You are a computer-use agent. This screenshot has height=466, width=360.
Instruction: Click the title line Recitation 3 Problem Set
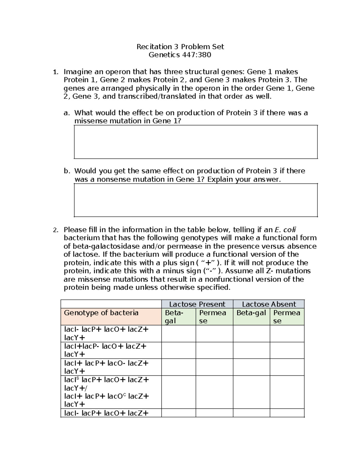click(x=180, y=47)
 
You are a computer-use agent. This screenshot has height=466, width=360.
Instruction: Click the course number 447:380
click(x=196, y=55)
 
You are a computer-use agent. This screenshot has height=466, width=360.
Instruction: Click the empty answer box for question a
click(x=196, y=142)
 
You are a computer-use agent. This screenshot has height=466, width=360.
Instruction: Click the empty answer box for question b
click(x=196, y=200)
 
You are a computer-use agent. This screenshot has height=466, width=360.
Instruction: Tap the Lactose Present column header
click(x=197, y=304)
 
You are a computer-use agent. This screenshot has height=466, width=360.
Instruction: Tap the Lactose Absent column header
click(x=269, y=304)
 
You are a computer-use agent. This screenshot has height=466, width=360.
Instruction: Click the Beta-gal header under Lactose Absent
click(x=251, y=313)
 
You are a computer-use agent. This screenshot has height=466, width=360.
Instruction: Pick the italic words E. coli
click(x=285, y=230)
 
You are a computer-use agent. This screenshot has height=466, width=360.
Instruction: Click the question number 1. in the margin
click(x=55, y=72)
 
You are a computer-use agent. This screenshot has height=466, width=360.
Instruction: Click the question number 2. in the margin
click(x=55, y=230)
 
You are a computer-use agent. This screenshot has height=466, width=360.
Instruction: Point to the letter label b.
click(x=67, y=171)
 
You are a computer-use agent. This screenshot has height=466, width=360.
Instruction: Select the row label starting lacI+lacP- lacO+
click(x=105, y=350)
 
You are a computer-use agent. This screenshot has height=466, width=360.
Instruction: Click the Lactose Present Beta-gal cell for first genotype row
click(x=178, y=334)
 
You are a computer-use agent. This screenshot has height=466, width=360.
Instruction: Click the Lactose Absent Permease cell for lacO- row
click(x=287, y=367)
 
